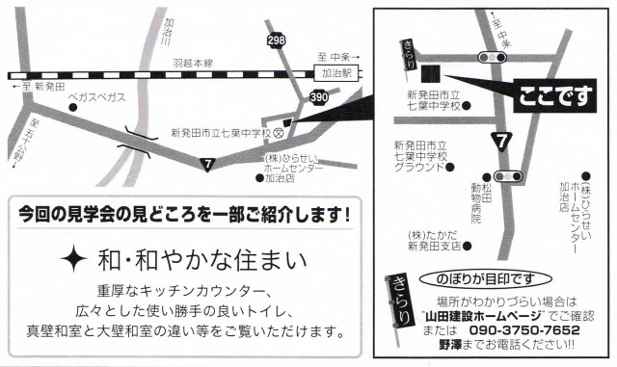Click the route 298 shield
click(276, 39)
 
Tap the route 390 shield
click(319, 96)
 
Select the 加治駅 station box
click(337, 73)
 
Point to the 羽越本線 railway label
click(193, 63)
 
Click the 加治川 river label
click(170, 32)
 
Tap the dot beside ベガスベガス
click(72, 107)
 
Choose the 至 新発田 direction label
click(39, 87)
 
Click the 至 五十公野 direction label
click(24, 144)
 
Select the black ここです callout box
click(555, 96)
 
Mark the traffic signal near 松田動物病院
click(508, 176)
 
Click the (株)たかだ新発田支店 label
click(435, 241)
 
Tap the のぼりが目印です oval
click(486, 279)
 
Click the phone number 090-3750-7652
click(524, 329)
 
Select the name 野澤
click(450, 345)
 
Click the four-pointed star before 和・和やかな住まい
click(73, 258)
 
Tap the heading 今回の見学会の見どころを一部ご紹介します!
click(184, 215)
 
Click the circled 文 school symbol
click(279, 133)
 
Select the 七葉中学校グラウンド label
click(421, 157)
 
